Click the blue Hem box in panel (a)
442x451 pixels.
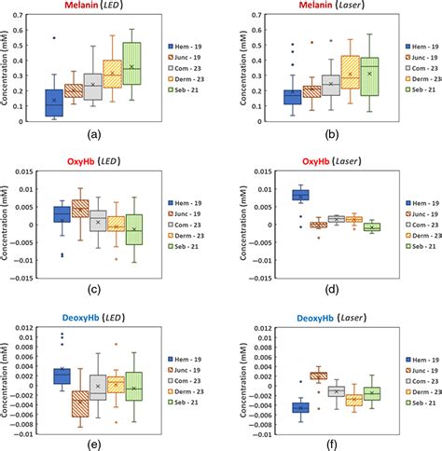[53, 102]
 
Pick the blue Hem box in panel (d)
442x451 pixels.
[300, 195]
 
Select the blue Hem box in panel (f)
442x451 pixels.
[300, 407]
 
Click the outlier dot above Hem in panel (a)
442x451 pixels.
[53, 38]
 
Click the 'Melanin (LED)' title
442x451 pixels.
[91, 7]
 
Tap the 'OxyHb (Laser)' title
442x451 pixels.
[324, 161]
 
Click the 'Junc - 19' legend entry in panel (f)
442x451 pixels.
[415, 371]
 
